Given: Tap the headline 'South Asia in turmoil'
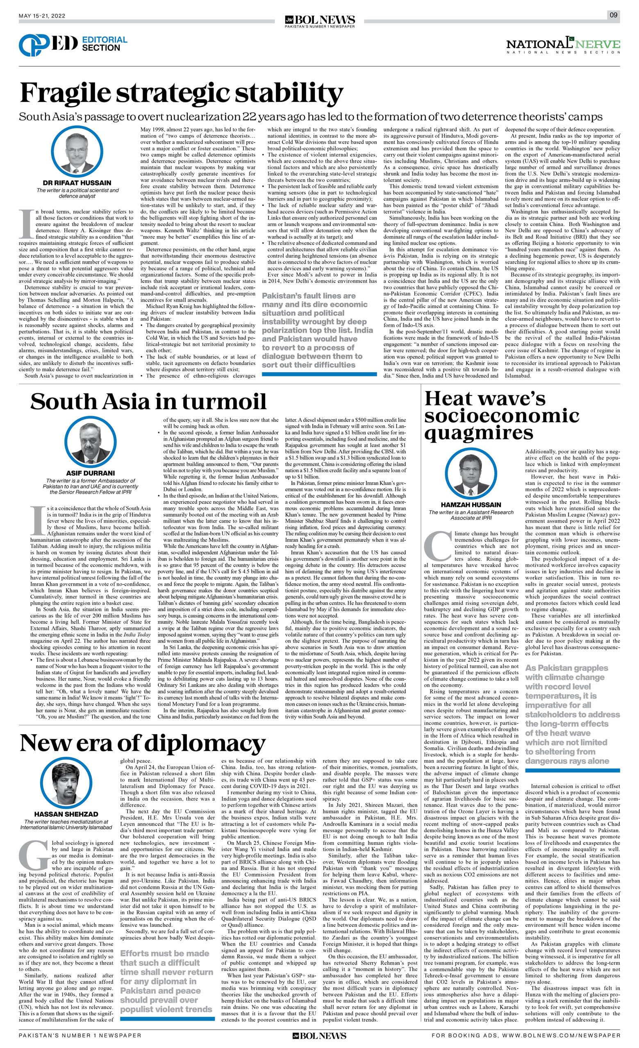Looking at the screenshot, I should pos(148,401).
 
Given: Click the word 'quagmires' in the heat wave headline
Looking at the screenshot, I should pos(478,432).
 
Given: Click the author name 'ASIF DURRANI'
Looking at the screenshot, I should pos(90,473).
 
